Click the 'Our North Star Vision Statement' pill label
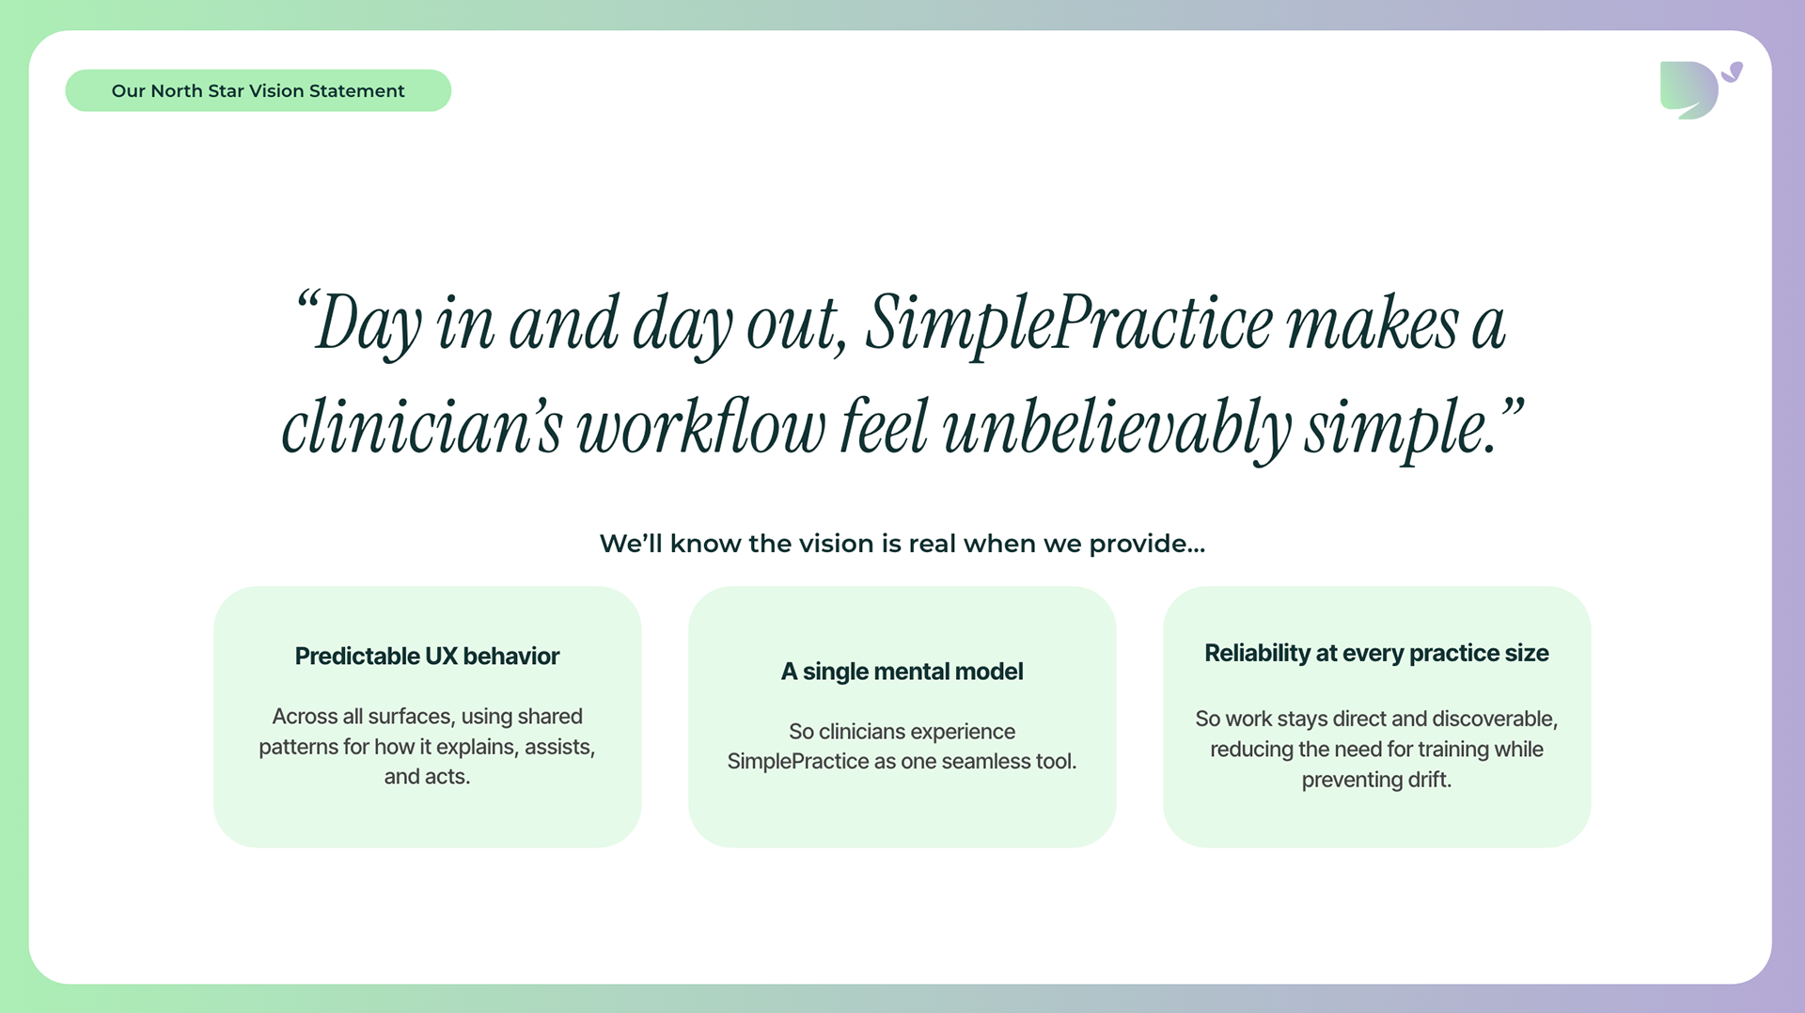point(258,90)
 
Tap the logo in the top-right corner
point(1700,89)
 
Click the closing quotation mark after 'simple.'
point(1511,410)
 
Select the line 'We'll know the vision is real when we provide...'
point(902,544)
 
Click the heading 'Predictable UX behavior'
point(427,657)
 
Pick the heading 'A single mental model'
point(902,672)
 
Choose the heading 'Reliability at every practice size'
point(1376,654)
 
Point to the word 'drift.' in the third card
point(1429,780)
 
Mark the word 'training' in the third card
point(1453,750)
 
